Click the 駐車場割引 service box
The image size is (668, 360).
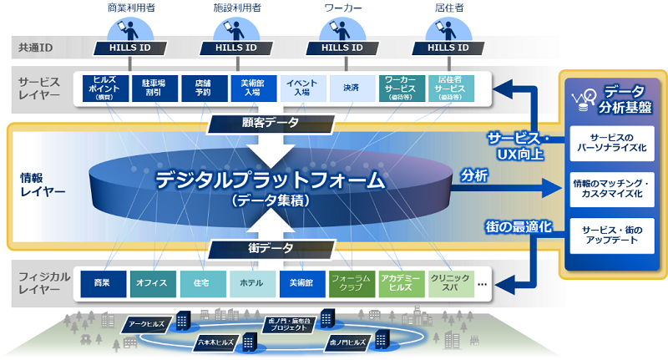pyautogui.click(x=154, y=89)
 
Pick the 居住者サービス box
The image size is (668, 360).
pyautogui.click(x=453, y=89)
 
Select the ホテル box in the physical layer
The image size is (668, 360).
pyautogui.click(x=251, y=283)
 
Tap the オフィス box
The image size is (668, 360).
pyautogui.click(x=153, y=283)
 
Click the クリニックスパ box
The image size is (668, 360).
pyautogui.click(x=449, y=283)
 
